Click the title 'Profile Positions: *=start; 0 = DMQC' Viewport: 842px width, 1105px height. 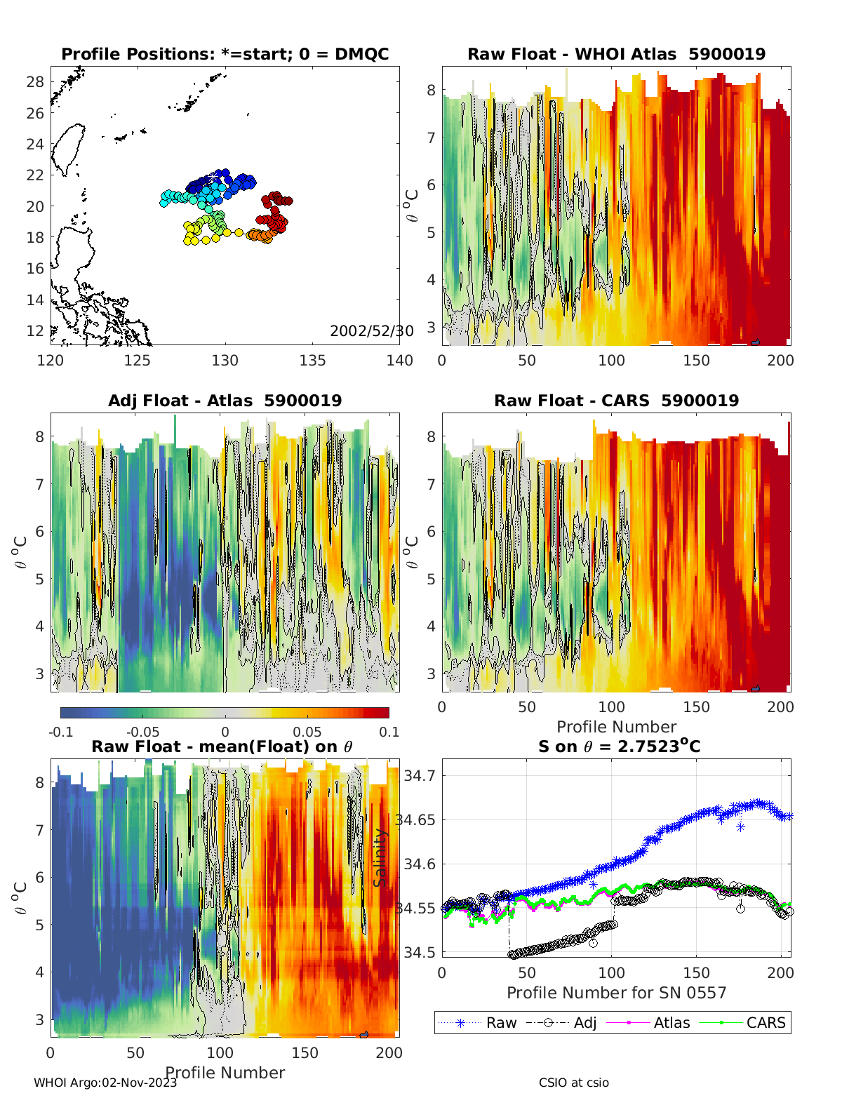coord(225,55)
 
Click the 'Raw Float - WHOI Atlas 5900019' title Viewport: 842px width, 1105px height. coord(616,55)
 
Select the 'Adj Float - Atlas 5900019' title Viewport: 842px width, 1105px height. coord(225,401)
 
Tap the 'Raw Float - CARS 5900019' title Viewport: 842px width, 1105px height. coord(616,401)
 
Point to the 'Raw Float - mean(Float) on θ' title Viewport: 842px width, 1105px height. coord(222,746)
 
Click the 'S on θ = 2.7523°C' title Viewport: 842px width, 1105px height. coord(619,746)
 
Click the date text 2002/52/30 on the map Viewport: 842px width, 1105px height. coord(371,331)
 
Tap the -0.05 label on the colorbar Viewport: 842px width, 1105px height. coord(143,732)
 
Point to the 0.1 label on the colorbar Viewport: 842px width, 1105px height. coord(389,732)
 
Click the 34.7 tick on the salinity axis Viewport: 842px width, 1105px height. coord(420,776)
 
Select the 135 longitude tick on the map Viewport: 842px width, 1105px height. coord(312,361)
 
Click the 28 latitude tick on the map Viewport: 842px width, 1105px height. coord(35,82)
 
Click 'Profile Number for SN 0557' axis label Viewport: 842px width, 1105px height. coord(616,993)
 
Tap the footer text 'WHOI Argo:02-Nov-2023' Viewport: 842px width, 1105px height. coord(105,1083)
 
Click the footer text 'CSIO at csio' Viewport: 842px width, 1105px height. coord(573,1083)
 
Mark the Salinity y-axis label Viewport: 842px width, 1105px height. coord(380,857)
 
